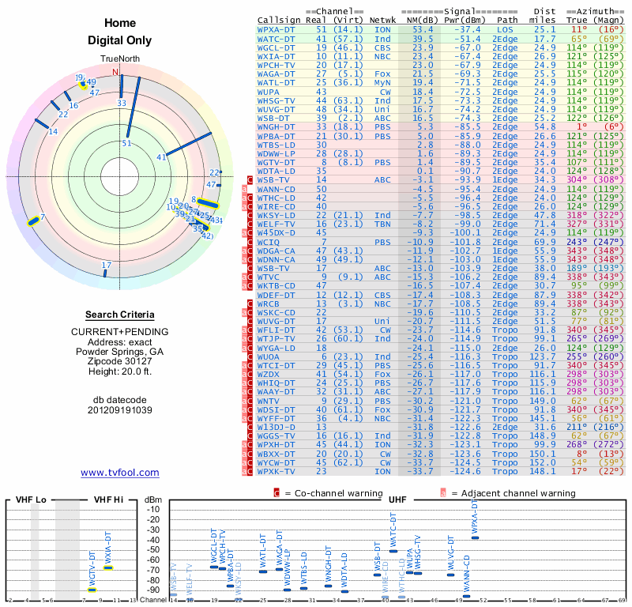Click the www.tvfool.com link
120,473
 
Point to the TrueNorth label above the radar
119,60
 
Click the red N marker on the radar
115,73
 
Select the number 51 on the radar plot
127,143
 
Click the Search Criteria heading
120,315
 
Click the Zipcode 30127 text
120,361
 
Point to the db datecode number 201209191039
120,410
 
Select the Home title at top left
120,23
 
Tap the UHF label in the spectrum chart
397,500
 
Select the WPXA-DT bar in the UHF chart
475,537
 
